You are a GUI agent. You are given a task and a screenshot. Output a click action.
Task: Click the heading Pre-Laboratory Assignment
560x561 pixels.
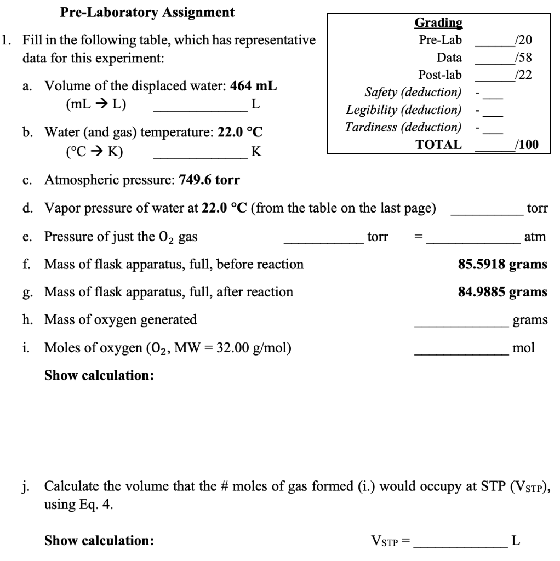pyautogui.click(x=147, y=12)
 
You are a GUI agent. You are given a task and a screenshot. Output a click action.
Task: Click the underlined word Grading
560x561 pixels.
pyautogui.click(x=438, y=23)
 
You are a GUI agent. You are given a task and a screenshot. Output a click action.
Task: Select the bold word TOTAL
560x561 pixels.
pyautogui.click(x=438, y=145)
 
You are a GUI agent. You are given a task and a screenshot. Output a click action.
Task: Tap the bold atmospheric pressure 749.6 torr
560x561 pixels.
pyautogui.click(x=209, y=180)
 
